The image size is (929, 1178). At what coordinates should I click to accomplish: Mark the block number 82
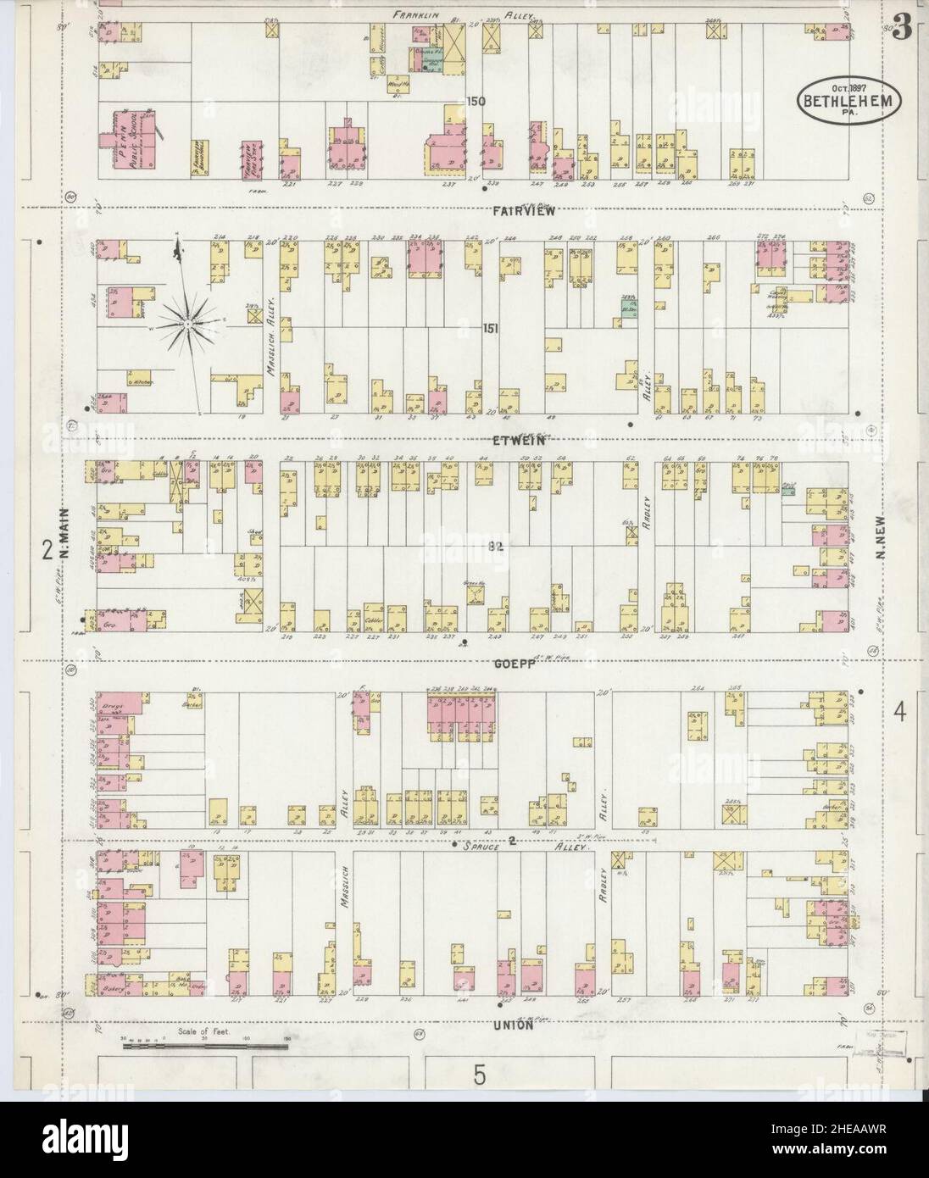(x=496, y=548)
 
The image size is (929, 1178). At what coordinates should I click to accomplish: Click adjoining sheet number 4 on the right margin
(x=900, y=713)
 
